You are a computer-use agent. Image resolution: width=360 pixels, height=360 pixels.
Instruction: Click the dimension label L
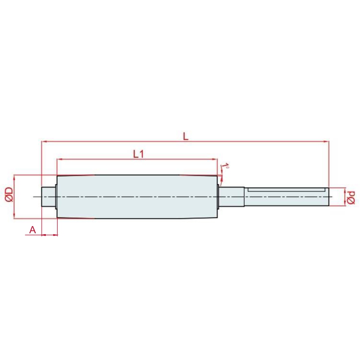(x=186, y=136)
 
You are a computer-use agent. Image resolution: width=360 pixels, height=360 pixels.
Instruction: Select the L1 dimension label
(x=138, y=154)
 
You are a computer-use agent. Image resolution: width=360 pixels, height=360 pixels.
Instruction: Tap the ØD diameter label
(x=9, y=194)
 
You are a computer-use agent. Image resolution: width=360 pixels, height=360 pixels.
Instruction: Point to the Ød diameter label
(x=351, y=197)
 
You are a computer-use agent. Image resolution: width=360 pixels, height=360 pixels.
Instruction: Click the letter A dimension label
(x=33, y=230)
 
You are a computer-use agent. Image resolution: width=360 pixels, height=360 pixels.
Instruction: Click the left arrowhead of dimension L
(x=44, y=142)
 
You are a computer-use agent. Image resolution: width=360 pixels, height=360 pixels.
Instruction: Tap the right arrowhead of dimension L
(x=326, y=142)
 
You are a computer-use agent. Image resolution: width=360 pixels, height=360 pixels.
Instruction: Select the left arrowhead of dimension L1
(x=59, y=159)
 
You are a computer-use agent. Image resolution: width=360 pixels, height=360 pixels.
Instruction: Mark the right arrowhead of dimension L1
(x=215, y=159)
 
